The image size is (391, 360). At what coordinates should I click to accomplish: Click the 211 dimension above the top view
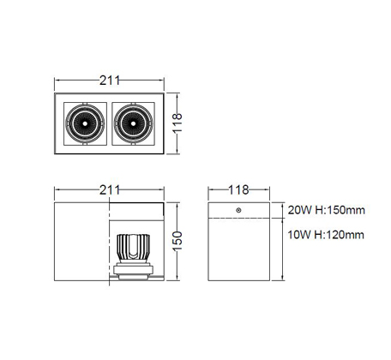click(x=110, y=81)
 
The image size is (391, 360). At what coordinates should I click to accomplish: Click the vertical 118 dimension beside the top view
click(x=177, y=123)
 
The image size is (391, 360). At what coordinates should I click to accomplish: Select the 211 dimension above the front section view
click(x=110, y=190)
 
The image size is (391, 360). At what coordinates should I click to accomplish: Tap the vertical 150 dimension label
click(x=177, y=242)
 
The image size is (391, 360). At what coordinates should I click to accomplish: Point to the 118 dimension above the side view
click(x=238, y=189)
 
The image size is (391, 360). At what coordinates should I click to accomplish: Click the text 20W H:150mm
click(x=327, y=210)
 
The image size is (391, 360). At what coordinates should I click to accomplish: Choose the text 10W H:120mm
click(x=326, y=235)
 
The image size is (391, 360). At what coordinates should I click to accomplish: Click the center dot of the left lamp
click(x=85, y=123)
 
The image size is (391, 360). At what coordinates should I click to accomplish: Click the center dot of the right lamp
click(x=133, y=123)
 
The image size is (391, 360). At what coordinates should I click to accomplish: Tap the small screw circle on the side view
click(x=238, y=210)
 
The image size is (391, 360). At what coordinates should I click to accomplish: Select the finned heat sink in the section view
click(x=134, y=248)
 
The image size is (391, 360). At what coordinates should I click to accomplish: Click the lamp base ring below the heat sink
click(x=134, y=270)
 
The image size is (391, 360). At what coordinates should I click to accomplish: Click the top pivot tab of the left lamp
click(x=85, y=103)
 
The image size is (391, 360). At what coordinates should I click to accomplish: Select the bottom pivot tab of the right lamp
click(x=133, y=144)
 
